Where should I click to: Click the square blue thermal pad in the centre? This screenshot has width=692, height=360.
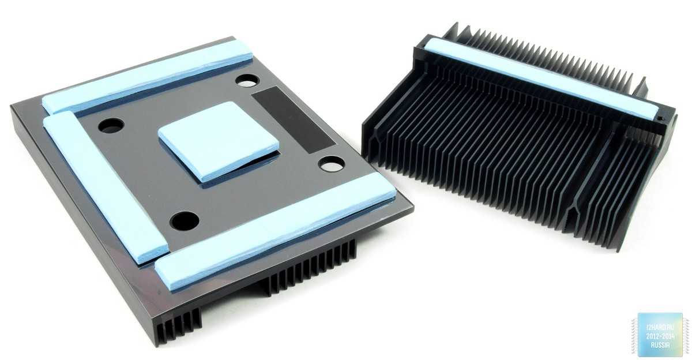tap(219, 141)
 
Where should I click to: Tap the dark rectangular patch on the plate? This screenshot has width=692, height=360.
tap(293, 119)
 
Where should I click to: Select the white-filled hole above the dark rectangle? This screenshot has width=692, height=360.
tap(247, 80)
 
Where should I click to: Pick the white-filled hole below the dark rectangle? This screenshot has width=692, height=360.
tap(332, 164)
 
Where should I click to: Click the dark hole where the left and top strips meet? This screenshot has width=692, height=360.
tap(111, 125)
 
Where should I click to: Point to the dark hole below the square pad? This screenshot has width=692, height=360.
tap(185, 220)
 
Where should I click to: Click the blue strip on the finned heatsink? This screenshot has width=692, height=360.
tap(541, 80)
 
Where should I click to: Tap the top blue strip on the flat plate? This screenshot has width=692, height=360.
tap(148, 78)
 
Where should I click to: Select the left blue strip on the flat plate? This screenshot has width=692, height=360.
tap(105, 185)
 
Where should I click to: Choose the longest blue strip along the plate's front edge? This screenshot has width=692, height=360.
tap(276, 231)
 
